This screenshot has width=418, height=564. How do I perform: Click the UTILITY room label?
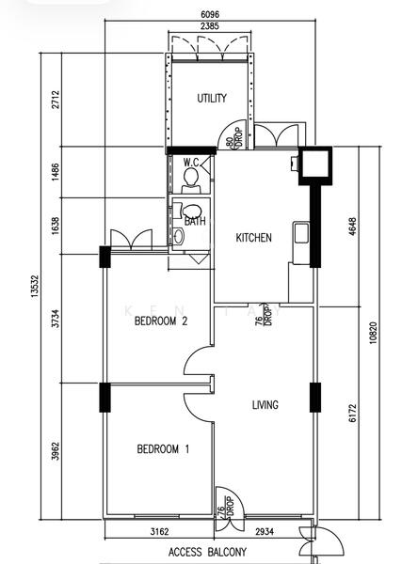coord(212,98)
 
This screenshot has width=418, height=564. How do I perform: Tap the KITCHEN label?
coord(253,238)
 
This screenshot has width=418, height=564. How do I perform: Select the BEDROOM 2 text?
coord(161,321)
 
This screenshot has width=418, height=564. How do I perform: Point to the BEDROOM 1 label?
coord(163,449)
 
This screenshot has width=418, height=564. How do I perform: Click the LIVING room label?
coord(265,405)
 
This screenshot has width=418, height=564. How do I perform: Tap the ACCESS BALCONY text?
coord(207,552)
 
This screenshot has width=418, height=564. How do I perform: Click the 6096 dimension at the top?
coord(210,14)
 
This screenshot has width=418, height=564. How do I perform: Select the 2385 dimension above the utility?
coord(210,26)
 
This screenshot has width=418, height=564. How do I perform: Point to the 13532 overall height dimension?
coord(35,287)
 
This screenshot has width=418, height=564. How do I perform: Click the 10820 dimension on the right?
coord(374,333)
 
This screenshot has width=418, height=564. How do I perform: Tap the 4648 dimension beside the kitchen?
coord(353,227)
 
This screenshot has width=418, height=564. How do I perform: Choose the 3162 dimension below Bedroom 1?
coord(159,531)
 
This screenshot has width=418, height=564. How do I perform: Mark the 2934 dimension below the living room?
coord(265,531)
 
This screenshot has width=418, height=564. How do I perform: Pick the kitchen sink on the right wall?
coord(301,233)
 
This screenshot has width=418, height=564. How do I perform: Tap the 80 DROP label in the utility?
coord(234,138)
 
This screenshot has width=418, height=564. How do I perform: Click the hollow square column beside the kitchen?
coord(315,165)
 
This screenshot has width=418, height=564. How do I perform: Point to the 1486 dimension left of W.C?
coord(56,172)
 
